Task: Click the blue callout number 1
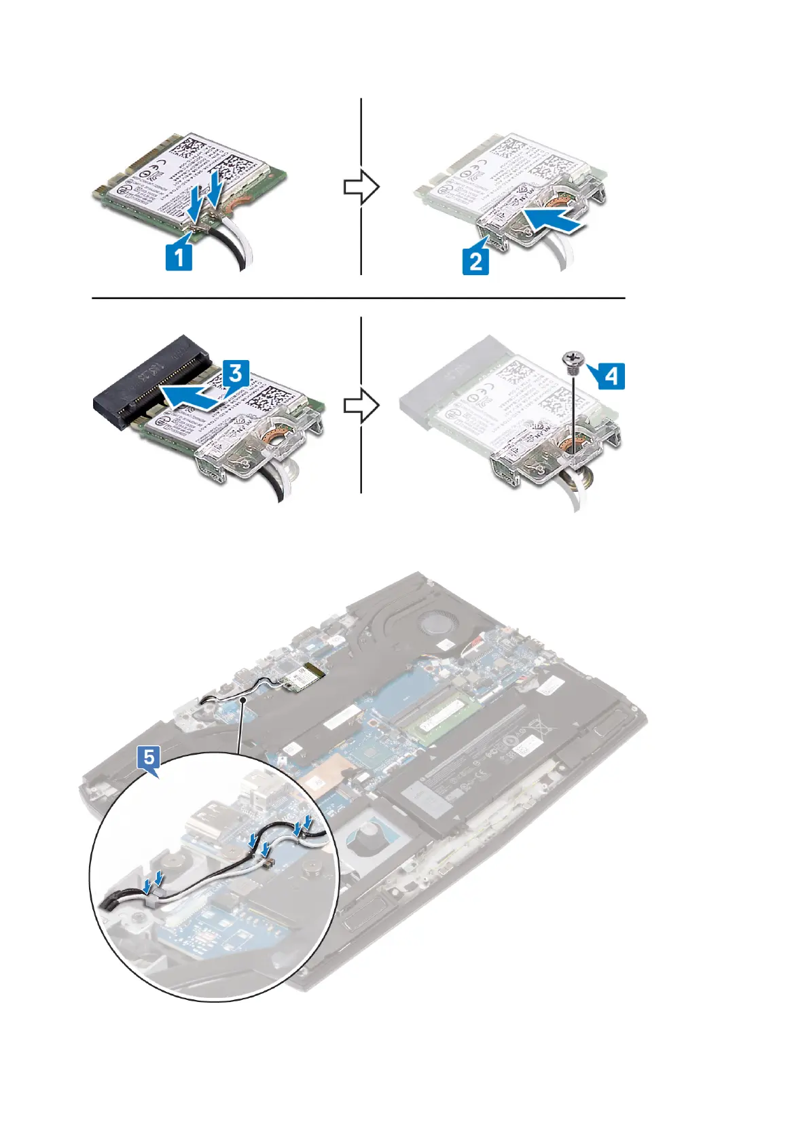coord(179,257)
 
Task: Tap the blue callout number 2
coord(476,261)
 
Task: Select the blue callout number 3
coord(235,374)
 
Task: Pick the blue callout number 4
coord(611,375)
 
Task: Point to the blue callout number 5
coord(149,756)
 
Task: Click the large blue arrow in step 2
coord(554,221)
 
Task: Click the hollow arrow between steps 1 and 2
coord(361,187)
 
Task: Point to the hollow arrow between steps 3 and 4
coord(361,406)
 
